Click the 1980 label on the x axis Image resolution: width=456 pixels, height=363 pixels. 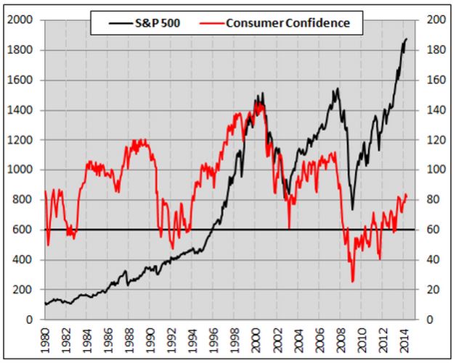coord(46,340)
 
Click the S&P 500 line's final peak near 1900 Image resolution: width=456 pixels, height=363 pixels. coord(406,39)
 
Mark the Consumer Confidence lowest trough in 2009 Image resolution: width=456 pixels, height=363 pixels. coord(353,281)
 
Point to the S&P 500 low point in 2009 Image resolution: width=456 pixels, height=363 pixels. coord(352,209)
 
